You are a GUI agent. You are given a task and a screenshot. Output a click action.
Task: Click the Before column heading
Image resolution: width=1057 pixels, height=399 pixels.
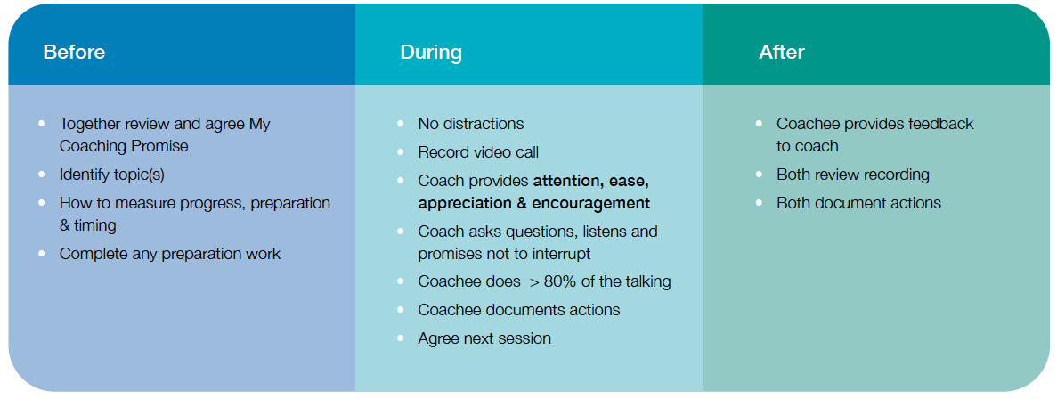click(x=74, y=52)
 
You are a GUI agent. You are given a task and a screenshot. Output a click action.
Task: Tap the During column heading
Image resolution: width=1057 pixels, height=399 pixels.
click(x=431, y=52)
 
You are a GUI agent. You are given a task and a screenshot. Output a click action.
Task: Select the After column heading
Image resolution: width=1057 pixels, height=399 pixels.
click(x=781, y=52)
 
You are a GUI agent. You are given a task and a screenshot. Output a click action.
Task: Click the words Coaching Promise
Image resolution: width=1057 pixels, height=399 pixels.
click(x=124, y=145)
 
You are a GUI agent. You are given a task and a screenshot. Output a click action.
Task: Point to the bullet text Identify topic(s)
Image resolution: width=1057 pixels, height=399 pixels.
click(x=112, y=175)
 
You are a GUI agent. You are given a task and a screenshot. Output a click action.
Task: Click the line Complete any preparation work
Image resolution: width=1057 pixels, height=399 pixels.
click(x=170, y=254)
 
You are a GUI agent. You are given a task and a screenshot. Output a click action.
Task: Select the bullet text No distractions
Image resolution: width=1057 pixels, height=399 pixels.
click(x=470, y=124)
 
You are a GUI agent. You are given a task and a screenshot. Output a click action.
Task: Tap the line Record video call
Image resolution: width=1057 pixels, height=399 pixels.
click(x=478, y=152)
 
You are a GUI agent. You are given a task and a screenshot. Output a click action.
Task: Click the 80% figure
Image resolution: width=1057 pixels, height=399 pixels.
click(x=561, y=281)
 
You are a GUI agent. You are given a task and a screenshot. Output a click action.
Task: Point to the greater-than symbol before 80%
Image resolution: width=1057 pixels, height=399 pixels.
click(x=534, y=282)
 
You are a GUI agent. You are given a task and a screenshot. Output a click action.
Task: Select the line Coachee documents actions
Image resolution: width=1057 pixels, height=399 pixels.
click(x=519, y=310)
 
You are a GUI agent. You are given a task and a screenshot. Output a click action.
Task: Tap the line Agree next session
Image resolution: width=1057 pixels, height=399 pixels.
click(x=484, y=338)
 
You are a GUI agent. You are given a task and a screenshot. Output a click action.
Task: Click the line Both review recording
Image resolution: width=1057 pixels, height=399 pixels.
click(x=853, y=175)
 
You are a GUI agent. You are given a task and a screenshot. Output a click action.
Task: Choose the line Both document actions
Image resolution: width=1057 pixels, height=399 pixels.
click(x=858, y=203)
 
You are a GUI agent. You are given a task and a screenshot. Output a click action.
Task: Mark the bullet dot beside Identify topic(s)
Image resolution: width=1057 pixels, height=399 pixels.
click(x=43, y=174)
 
